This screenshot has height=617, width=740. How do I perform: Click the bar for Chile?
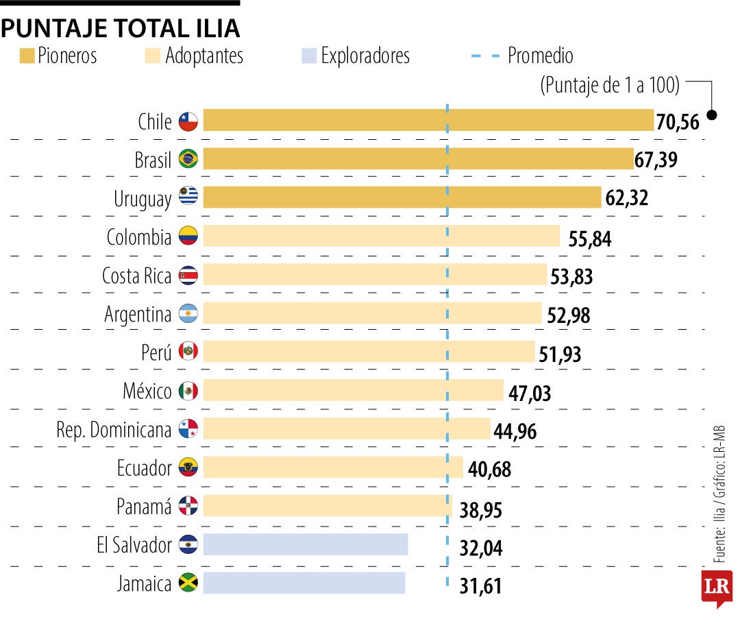click(x=428, y=121)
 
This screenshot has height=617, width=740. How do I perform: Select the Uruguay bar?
click(x=402, y=197)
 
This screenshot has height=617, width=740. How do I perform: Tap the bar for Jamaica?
click(x=304, y=583)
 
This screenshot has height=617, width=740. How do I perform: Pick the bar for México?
click(x=353, y=391)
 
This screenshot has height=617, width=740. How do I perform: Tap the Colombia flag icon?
click(x=188, y=237)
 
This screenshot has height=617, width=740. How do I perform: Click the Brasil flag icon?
click(x=188, y=160)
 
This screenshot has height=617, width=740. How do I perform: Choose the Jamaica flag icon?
click(x=188, y=583)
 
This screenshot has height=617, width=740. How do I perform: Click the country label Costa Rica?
click(x=136, y=276)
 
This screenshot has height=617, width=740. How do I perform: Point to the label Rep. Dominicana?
click(x=113, y=430)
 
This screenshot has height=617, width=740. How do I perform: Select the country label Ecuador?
click(x=144, y=468)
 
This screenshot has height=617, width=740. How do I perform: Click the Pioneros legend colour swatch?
click(x=27, y=56)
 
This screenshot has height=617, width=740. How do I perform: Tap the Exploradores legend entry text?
click(x=365, y=56)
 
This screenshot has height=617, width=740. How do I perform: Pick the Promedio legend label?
click(x=540, y=56)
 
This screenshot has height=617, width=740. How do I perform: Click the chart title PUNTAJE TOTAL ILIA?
click(x=121, y=28)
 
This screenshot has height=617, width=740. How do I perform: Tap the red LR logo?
click(x=716, y=588)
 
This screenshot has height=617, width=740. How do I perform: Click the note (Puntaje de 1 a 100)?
click(x=610, y=85)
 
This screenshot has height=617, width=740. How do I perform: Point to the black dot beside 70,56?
click(x=712, y=116)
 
